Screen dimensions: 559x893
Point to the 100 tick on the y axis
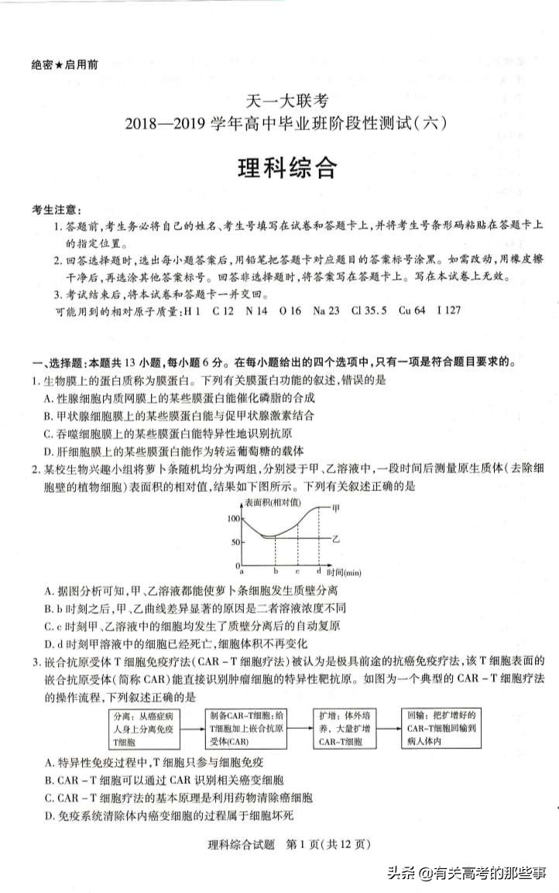[235, 518]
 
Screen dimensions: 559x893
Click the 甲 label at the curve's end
[336, 508]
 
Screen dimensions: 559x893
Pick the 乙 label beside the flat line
[336, 537]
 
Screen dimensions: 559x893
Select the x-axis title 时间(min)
[344, 572]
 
